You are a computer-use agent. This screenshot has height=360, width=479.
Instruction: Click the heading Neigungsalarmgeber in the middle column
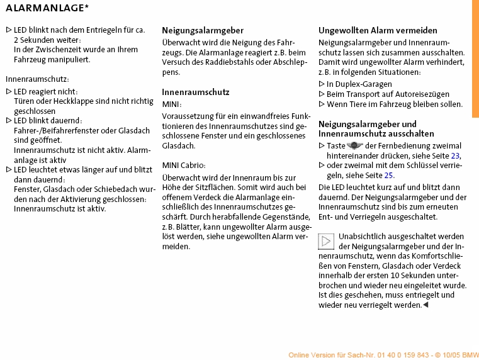pyautogui.click(x=203, y=30)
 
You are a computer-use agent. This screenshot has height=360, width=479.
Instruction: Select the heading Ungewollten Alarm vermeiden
pyautogui.click(x=378, y=30)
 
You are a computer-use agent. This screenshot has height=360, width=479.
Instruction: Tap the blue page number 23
pyautogui.click(x=456, y=155)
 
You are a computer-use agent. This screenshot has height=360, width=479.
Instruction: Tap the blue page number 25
pyautogui.click(x=388, y=176)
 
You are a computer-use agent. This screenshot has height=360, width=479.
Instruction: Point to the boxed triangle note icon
pyautogui.click(x=326, y=241)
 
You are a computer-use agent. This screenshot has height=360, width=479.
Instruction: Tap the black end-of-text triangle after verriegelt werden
pyautogui.click(x=425, y=305)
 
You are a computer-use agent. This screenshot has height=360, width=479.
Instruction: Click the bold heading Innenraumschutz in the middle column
pyautogui.click(x=196, y=92)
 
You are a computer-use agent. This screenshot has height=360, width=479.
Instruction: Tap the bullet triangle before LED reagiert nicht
pyautogui.click(x=8, y=91)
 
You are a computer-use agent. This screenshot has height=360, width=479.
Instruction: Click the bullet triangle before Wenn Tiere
pyautogui.click(x=322, y=104)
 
